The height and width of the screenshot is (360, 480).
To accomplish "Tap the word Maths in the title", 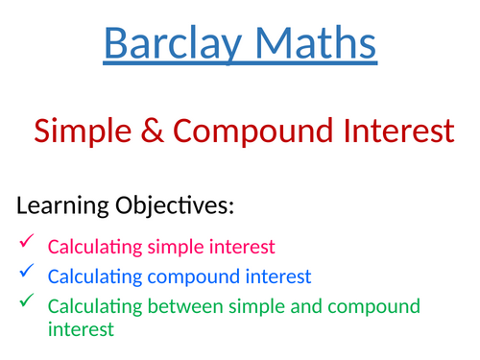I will click(x=312, y=43).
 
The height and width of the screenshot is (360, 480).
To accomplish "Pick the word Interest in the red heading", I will click(x=394, y=132).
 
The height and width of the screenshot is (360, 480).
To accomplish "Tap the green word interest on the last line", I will click(x=81, y=329).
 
